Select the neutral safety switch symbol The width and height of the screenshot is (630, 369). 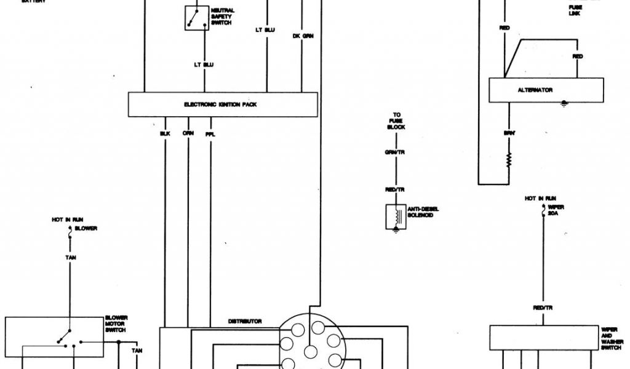pyautogui.click(x=197, y=18)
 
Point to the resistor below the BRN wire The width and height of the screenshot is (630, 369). pyautogui.click(x=509, y=162)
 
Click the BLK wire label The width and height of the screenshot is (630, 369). pyautogui.click(x=165, y=133)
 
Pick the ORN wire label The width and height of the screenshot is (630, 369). pyautogui.click(x=188, y=133)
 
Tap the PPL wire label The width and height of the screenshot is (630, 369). pyautogui.click(x=210, y=133)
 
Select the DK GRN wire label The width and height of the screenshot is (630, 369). pyautogui.click(x=303, y=36)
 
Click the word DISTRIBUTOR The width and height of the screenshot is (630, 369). pyautogui.click(x=245, y=322)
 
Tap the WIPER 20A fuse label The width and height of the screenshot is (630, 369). pyautogui.click(x=556, y=210)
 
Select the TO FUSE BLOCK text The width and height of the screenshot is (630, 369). pyautogui.click(x=396, y=121)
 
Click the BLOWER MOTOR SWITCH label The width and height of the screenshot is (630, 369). pyautogui.click(x=116, y=324)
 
